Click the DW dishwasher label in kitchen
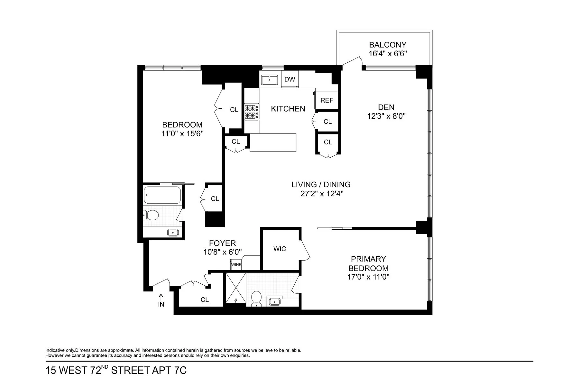pyautogui.click(x=289, y=79)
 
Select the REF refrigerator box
pyautogui.click(x=326, y=100)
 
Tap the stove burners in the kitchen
pyautogui.click(x=252, y=112)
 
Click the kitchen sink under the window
pyautogui.click(x=270, y=79)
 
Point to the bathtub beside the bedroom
pyautogui.click(x=162, y=195)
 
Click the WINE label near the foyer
pyautogui.click(x=236, y=265)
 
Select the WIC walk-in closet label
pyautogui.click(x=280, y=249)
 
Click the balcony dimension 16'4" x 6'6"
pyautogui.click(x=388, y=53)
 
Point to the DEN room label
pyautogui.click(x=386, y=107)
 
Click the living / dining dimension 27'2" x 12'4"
pyautogui.click(x=321, y=194)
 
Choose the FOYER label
pyautogui.click(x=222, y=243)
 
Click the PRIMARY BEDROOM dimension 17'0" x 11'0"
pyautogui.click(x=368, y=277)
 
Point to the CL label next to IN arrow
pyautogui.click(x=205, y=300)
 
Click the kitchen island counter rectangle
pyautogui.click(x=273, y=142)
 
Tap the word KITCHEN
pyautogui.click(x=288, y=109)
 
